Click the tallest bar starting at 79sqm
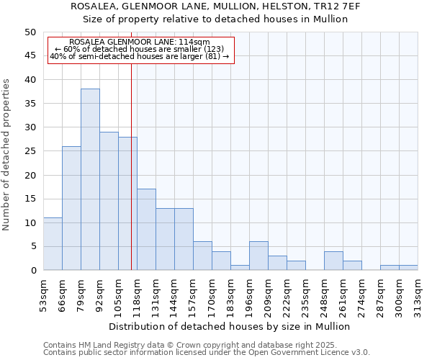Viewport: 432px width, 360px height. coord(90,180)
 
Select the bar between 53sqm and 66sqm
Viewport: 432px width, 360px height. coord(53,244)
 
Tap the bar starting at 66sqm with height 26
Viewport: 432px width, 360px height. coord(71,209)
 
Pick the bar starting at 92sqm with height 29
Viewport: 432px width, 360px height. coord(109,202)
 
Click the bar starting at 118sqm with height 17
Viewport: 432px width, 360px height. coord(146,230)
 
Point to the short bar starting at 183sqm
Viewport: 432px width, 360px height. coord(240,268)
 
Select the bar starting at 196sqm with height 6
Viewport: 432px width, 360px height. coord(258,256)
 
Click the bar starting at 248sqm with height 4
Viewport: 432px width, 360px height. coord(333,261)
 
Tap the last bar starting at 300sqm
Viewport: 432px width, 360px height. coord(408,268)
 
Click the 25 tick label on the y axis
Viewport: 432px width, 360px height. coord(30,151)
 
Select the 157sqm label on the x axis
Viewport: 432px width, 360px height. coord(193,293)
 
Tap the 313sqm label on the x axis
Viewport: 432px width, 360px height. coord(418,293)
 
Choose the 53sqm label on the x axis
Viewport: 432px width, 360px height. coord(43,293)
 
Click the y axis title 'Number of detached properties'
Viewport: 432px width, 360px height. coord(7,154)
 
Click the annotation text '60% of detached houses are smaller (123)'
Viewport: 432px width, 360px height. coord(140,49)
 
